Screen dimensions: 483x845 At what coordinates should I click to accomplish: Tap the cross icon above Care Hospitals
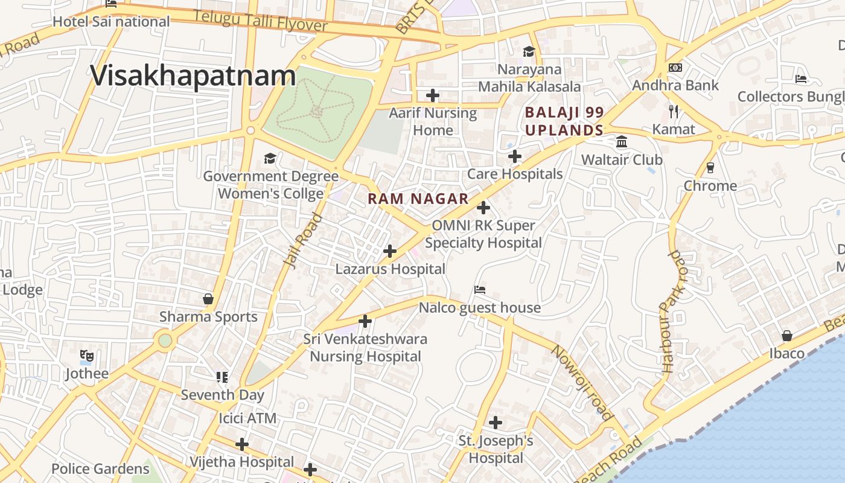514,157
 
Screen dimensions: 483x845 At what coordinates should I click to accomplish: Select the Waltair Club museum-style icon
622,142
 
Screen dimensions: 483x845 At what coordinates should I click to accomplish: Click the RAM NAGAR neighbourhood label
418,199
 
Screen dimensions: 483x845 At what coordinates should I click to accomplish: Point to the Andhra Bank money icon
675,68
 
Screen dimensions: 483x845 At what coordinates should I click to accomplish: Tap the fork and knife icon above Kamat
674,112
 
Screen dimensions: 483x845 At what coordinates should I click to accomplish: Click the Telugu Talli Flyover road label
261,22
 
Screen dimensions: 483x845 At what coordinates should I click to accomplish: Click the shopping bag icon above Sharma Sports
208,299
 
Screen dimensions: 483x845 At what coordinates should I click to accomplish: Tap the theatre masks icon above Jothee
87,356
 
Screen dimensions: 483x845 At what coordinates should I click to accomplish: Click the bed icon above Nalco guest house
480,290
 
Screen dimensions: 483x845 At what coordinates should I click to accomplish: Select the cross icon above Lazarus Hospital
390,251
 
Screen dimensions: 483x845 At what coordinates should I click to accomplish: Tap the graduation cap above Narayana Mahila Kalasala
529,51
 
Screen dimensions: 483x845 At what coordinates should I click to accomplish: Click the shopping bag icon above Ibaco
787,336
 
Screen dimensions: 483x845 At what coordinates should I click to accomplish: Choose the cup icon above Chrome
710,167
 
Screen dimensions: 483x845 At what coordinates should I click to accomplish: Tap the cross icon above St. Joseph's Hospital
496,423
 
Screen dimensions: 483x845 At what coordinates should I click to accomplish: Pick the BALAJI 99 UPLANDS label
564,121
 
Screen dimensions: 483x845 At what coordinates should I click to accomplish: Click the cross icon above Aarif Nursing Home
433,95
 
